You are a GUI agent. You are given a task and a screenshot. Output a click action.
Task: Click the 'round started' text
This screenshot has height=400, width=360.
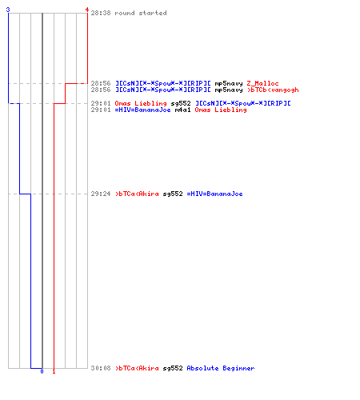coord(141,13)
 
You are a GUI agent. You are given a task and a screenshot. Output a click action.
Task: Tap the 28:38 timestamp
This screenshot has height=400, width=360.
coord(101,13)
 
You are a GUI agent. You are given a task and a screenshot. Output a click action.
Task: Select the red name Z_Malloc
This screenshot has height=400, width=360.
coord(262,83)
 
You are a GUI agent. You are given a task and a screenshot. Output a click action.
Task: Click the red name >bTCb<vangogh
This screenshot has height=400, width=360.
coord(273,90)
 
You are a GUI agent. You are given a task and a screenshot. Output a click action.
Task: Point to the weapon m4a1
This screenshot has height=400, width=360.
coord(182,110)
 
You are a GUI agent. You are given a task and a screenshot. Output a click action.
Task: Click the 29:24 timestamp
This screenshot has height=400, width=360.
coord(101,194)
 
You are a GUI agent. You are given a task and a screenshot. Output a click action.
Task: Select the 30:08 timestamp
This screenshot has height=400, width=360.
coord(101,368)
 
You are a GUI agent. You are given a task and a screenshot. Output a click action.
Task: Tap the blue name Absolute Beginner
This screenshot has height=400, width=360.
coord(221,368)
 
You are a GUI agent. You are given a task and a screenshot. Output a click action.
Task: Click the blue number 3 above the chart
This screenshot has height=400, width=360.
coord(8,10)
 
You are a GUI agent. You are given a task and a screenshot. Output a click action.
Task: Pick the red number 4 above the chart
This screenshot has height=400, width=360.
coord(87,10)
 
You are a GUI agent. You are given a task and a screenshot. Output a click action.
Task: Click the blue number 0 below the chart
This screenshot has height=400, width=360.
coord(42,371)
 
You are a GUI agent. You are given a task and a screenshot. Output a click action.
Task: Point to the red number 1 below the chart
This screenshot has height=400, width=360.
coord(54,371)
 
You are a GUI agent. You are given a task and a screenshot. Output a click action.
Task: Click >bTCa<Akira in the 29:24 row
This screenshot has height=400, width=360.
coord(137,194)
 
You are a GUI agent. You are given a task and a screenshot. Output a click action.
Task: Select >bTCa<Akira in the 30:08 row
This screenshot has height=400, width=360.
coord(137,368)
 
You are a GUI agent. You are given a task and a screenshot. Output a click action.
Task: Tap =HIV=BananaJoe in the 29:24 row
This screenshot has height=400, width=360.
coord(214,194)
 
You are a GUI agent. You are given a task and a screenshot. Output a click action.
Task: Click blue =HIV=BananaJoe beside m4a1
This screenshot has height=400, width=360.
coord(142,110)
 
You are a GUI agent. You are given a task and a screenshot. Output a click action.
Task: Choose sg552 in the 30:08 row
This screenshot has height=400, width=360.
coord(173,369)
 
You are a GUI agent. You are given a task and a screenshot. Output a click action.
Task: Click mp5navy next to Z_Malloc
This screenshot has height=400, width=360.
coord(229,84)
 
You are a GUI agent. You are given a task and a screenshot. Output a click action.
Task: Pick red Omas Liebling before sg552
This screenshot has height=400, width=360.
coord(141,103)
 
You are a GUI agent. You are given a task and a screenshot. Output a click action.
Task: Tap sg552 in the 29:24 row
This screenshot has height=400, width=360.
coord(173,194)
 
